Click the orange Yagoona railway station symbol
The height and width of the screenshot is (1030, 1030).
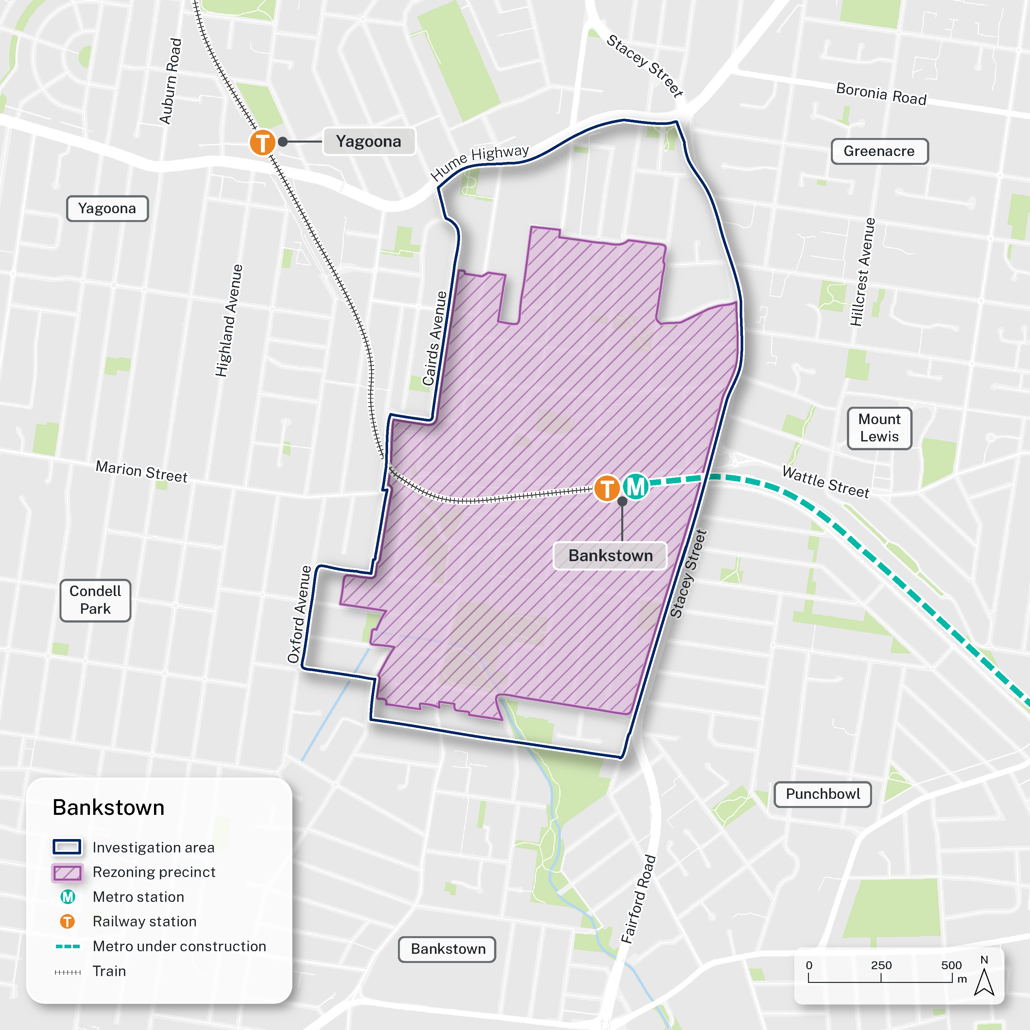pyautogui.click(x=262, y=142)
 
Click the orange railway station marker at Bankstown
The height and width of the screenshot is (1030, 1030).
pyautogui.click(x=607, y=488)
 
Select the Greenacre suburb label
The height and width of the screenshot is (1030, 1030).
pyautogui.click(x=879, y=151)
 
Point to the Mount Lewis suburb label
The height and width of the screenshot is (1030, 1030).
pyautogui.click(x=879, y=428)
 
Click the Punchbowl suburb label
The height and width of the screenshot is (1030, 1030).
pyautogui.click(x=823, y=794)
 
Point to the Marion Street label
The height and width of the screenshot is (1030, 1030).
pyautogui.click(x=141, y=472)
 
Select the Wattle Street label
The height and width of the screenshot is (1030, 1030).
pyautogui.click(x=825, y=481)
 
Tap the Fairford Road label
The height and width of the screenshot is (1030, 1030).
pyautogui.click(x=638, y=899)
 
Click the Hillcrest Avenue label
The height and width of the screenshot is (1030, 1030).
pyautogui.click(x=862, y=272)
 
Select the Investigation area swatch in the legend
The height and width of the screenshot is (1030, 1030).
pyautogui.click(x=67, y=847)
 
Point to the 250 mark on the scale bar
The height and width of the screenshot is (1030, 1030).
pyautogui.click(x=881, y=966)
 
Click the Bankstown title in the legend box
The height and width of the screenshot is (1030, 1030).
pyautogui.click(x=108, y=808)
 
